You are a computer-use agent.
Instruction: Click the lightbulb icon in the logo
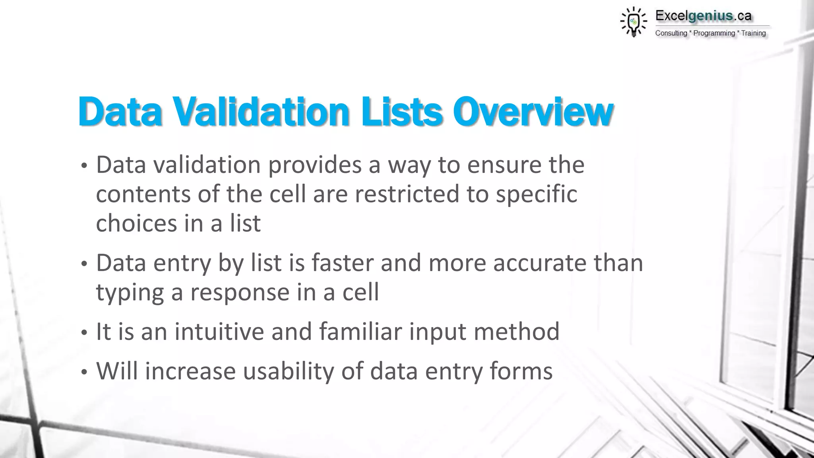634,22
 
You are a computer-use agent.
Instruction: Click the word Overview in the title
533,112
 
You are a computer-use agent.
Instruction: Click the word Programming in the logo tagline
714,33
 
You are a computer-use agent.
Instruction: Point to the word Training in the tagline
753,33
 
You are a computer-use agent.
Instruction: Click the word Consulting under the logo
671,33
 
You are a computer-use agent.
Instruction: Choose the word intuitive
219,332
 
